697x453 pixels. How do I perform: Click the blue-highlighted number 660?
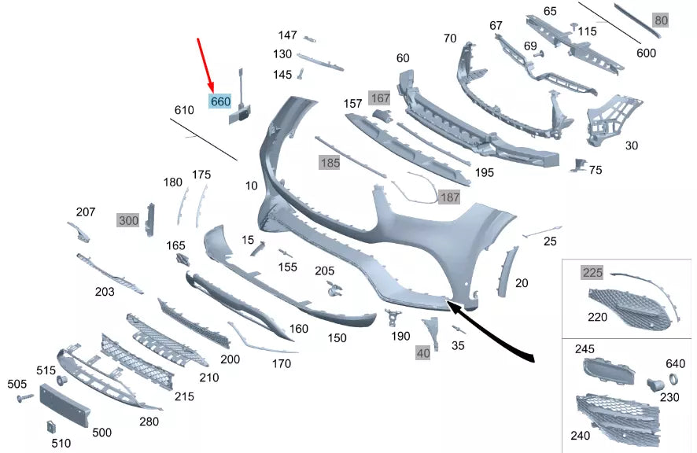[220, 101]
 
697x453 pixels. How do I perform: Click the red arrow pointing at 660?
[205, 65]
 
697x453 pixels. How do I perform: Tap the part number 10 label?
[251, 186]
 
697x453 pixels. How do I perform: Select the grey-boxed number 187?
[449, 197]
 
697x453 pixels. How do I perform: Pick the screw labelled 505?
[24, 397]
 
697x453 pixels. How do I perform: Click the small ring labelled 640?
[673, 379]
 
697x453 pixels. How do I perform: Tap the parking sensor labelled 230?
[655, 385]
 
